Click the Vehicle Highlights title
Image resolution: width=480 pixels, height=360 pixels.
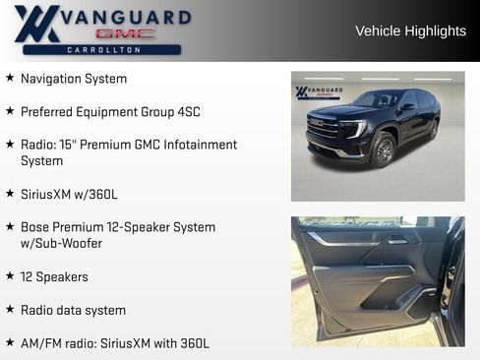pos(410,31)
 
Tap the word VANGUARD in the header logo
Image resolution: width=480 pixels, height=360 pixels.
pos(128,17)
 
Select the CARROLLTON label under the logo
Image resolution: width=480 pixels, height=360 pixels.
pos(102,49)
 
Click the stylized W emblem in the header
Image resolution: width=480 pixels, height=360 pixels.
pos(37,25)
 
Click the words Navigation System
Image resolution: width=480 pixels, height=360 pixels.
pos(74,79)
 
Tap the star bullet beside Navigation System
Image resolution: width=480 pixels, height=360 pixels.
pos(10,78)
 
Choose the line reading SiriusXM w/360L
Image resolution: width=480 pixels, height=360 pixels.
pos(69,194)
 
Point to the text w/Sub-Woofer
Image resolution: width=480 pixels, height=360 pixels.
pos(61,243)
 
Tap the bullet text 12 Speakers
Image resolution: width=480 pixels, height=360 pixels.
pos(54,277)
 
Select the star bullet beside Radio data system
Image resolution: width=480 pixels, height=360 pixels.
pos(10,310)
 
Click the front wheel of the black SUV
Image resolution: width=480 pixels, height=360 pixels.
pos(384,150)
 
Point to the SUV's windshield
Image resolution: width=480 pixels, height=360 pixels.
pos(377,99)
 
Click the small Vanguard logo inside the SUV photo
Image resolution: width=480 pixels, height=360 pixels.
pos(317,92)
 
